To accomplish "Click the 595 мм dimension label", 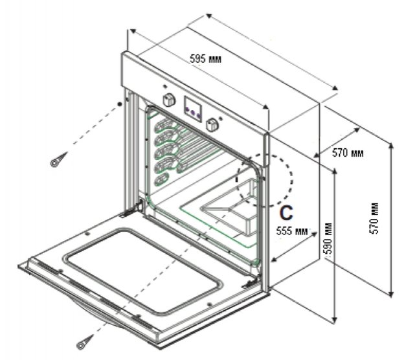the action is click(x=205, y=59).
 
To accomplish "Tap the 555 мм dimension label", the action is click(x=291, y=231).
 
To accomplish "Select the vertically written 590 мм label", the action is click(x=328, y=238).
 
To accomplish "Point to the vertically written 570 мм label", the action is click(x=374, y=218).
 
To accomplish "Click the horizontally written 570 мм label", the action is click(x=348, y=153).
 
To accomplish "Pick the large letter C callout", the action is click(x=286, y=212).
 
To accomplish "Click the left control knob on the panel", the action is click(x=169, y=100).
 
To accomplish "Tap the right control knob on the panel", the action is click(x=212, y=124).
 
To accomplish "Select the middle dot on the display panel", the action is click(x=193, y=112).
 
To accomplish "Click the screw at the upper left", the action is click(x=58, y=160).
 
